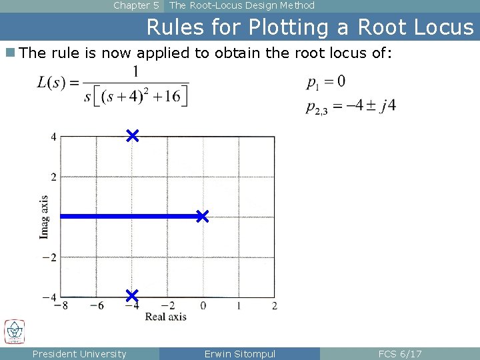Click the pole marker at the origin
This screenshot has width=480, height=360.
202,216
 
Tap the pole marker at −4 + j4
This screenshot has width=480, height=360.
132,136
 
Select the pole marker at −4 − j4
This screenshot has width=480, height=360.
131,295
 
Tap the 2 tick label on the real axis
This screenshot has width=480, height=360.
274,306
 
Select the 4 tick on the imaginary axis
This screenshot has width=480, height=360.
53,137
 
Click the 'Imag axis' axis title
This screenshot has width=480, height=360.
44,217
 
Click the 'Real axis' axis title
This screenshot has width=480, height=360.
165,317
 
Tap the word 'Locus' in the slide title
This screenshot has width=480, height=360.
441,27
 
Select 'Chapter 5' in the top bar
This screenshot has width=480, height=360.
136,6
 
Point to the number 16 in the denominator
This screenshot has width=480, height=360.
171,96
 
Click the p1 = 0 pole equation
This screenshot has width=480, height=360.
326,83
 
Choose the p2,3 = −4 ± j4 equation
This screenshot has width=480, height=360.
351,107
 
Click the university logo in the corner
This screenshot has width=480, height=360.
14,332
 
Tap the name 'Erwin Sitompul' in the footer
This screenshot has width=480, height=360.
239,354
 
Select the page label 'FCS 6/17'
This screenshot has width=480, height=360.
399,354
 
